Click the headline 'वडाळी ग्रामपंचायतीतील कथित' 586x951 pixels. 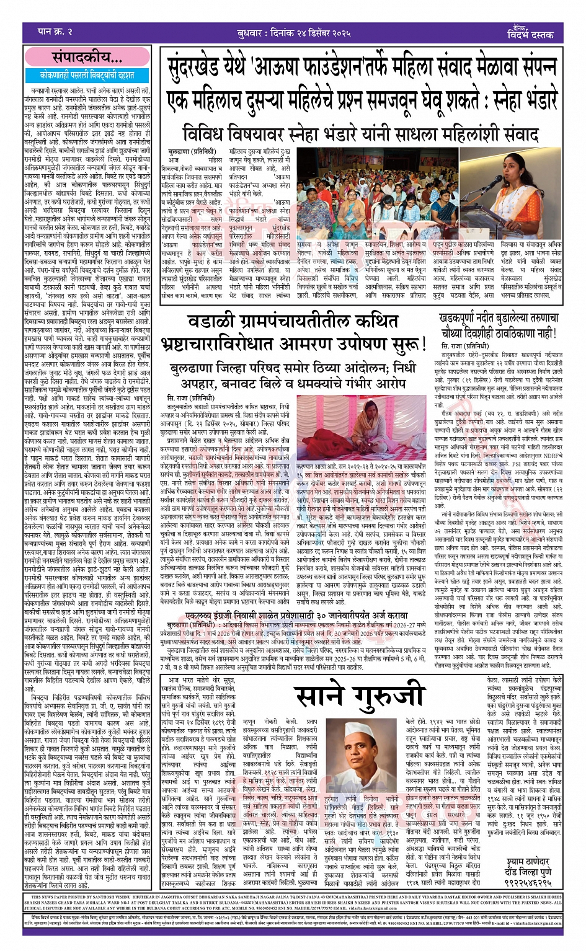(294, 321)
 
